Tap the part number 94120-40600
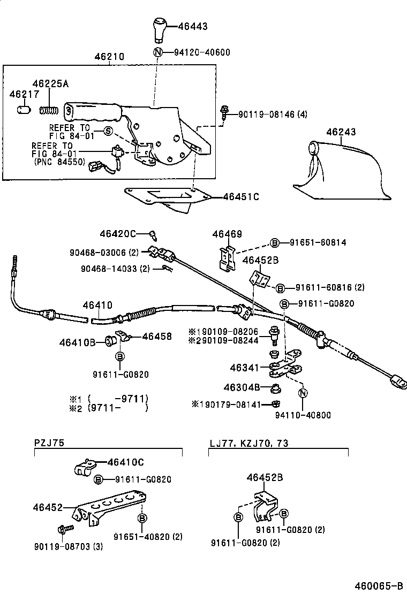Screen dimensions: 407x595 coord(202,52)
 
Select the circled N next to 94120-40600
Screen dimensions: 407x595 coord(158,52)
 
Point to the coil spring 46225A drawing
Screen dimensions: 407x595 coord(49,110)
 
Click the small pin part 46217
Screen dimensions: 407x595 coord(24,109)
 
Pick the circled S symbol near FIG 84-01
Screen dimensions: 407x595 coord(108,131)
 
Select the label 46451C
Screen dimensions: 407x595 coord(240,197)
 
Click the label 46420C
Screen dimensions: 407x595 coord(117,234)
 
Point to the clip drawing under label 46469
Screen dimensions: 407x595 coord(228,258)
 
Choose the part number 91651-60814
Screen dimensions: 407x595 coord(318,242)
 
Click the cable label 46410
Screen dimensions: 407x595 coord(97,305)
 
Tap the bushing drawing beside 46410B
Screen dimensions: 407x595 coord(111,340)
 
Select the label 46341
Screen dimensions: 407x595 coord(245,368)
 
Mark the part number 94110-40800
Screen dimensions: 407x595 coord(303,415)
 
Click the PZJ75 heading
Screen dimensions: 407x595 coord(49,443)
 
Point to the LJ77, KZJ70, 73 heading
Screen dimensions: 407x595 coord(249,443)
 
